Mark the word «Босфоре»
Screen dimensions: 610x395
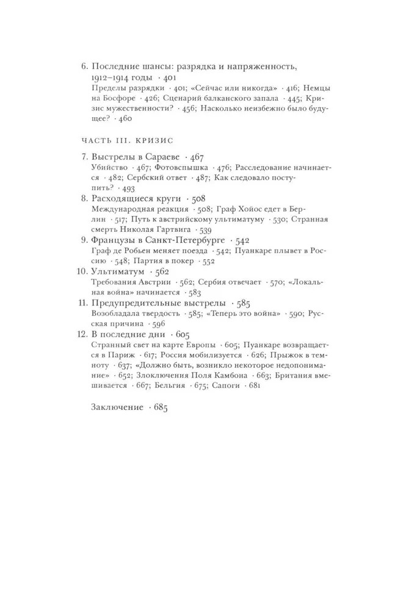110,99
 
